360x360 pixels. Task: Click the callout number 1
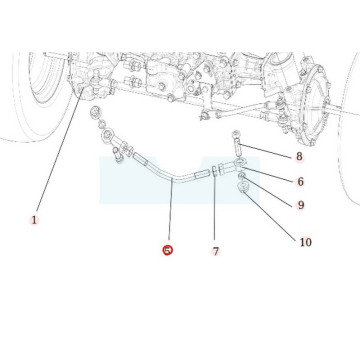34,220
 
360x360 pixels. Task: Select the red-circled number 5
167,250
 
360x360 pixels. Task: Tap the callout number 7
216,251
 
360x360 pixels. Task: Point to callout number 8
299,156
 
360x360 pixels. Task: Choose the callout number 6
300,181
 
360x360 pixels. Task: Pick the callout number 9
301,205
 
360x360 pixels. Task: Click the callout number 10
306,242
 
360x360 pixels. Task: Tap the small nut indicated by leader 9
241,176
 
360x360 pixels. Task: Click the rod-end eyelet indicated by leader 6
240,163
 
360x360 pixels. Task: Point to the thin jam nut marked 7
214,171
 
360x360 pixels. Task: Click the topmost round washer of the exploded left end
95,112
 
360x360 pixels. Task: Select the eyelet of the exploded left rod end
107,135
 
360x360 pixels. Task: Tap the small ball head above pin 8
235,134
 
